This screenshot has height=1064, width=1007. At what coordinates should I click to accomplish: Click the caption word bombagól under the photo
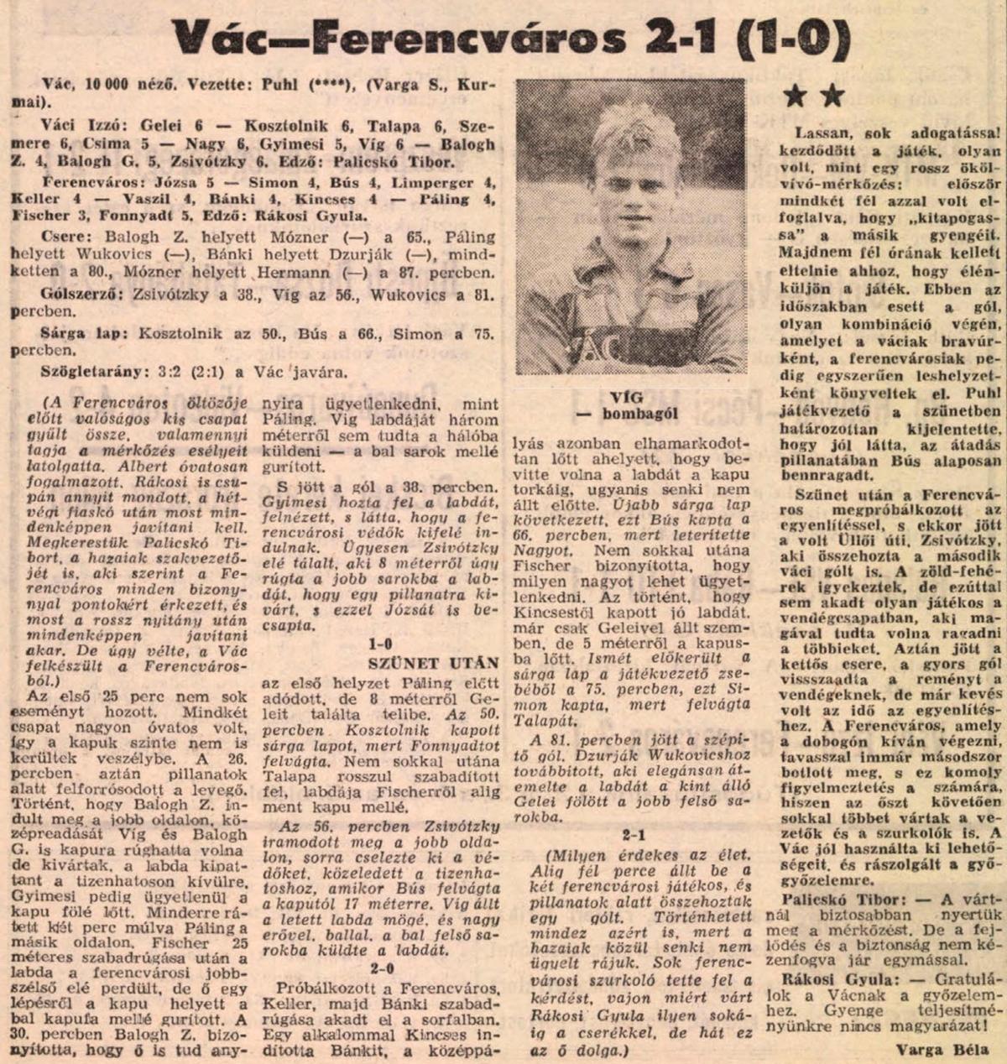638,413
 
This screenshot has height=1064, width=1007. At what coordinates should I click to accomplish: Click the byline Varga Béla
942,1048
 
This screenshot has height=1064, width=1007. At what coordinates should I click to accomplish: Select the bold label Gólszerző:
77,294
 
